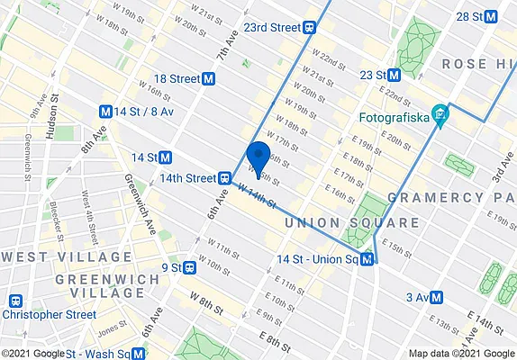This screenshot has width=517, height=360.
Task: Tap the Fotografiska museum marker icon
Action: pyautogui.click(x=440, y=115)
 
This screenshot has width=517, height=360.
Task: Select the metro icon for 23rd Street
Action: pyautogui.click(x=309, y=28)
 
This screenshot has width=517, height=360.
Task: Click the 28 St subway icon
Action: pyautogui.click(x=490, y=16)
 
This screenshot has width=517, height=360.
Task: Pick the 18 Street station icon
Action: pyautogui.click(x=209, y=78)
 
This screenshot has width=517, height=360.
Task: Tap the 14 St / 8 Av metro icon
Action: pyautogui.click(x=105, y=112)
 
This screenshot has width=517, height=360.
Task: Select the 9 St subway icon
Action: pyautogui.click(x=190, y=267)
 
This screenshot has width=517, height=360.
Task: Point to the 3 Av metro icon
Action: pyautogui.click(x=437, y=297)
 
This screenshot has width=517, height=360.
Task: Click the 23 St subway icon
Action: pyautogui.click(x=393, y=75)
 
